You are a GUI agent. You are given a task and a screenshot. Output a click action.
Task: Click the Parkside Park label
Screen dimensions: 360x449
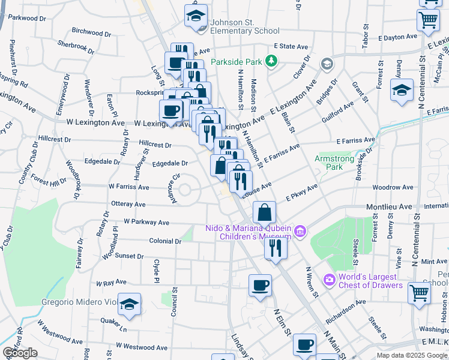237,61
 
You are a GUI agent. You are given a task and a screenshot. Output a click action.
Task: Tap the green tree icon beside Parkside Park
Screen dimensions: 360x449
271,61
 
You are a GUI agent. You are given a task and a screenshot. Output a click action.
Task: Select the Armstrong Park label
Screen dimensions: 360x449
337,163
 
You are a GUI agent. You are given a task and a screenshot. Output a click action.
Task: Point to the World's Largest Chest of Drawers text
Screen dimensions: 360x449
367,281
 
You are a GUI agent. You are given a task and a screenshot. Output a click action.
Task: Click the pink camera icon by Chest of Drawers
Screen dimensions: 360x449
328,280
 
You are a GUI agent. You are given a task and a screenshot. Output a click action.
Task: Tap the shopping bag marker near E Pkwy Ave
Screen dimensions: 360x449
264,212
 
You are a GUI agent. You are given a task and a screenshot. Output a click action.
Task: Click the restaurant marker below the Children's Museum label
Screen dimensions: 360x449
276,247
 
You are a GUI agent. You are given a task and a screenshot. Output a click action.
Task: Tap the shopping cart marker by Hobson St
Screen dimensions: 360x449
420,293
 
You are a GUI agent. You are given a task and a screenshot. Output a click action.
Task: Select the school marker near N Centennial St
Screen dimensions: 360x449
402,90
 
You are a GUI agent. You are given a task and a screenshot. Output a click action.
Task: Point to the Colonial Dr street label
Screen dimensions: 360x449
166,241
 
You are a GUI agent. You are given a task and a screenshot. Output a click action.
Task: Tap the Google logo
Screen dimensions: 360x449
20,353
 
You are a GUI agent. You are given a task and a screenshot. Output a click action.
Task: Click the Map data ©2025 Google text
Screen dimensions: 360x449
412,355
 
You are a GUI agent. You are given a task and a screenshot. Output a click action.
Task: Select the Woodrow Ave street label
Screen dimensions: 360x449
393,188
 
